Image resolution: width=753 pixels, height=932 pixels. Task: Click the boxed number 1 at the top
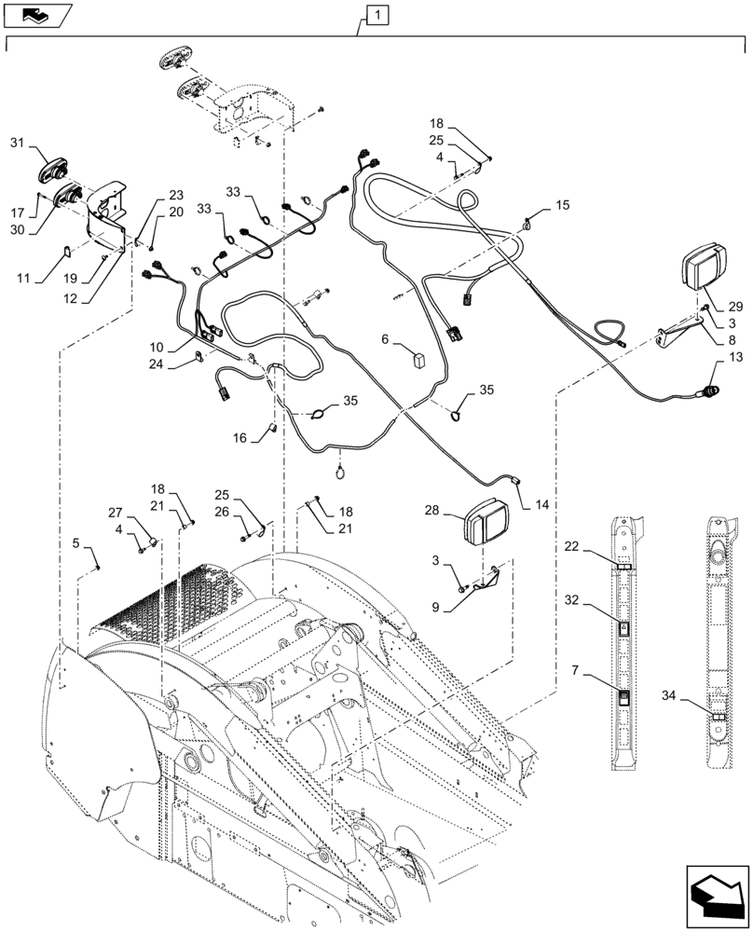pos(375,14)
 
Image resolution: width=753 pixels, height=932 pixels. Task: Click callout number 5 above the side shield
pos(75,543)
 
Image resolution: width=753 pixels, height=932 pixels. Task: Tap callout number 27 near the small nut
pos(115,512)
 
